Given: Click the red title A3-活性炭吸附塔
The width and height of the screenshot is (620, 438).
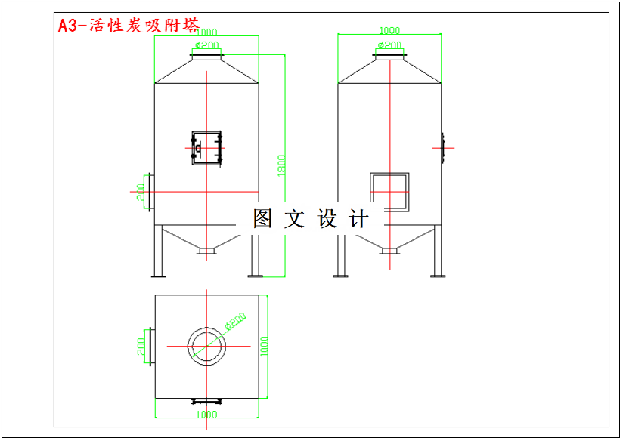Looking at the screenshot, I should (x=129, y=26).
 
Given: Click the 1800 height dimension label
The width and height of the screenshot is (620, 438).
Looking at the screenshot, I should (x=281, y=166).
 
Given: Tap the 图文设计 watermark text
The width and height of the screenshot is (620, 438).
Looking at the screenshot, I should (x=311, y=219).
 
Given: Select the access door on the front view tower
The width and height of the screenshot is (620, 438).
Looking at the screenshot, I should (x=206, y=147).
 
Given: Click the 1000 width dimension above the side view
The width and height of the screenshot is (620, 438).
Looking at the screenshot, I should (x=389, y=30).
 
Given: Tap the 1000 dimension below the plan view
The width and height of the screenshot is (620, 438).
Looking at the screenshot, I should (x=206, y=414).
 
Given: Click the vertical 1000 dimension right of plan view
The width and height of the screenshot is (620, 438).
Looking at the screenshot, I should (x=264, y=346).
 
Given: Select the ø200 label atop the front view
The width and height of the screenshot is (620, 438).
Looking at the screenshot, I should (x=207, y=45).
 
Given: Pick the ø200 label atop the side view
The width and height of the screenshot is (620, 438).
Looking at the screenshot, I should (x=389, y=45).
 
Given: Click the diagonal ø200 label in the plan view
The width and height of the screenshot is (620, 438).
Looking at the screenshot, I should (x=235, y=322).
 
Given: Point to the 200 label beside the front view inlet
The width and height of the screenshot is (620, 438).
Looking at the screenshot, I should (x=141, y=192).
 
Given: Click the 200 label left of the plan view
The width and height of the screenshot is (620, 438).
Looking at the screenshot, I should (x=141, y=346).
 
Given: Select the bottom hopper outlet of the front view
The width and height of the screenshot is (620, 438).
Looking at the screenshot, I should (x=206, y=250).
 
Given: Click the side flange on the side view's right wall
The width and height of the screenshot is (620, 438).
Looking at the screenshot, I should (x=443, y=147).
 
